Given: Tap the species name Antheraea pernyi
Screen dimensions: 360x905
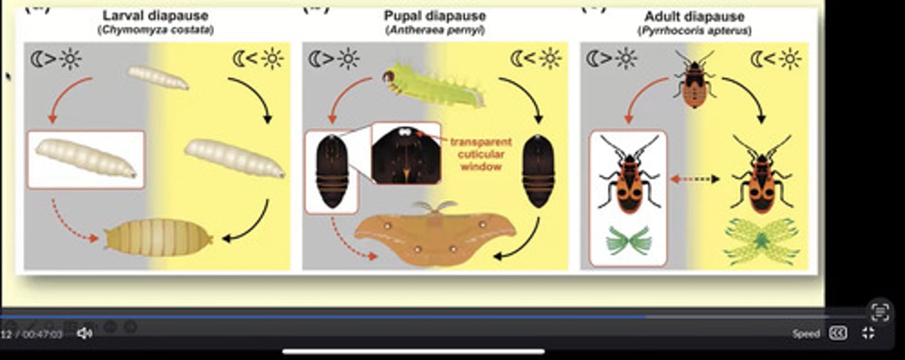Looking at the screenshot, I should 435,30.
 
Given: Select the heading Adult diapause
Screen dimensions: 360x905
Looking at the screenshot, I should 694,16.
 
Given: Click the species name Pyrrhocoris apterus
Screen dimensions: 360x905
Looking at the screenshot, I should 694,30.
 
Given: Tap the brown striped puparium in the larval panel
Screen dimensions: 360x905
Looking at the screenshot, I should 158,237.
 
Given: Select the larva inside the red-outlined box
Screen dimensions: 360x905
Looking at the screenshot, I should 85,158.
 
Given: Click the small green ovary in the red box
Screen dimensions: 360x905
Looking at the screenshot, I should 628,241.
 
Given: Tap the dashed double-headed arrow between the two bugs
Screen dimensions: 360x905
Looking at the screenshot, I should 694,180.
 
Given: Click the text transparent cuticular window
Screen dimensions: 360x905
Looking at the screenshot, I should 480,154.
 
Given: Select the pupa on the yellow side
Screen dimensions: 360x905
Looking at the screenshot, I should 539,171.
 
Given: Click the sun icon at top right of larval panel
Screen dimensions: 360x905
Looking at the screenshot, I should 273,58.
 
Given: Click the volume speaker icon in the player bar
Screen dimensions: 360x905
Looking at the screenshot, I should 84,334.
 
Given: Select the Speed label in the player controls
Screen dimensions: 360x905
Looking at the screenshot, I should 806,334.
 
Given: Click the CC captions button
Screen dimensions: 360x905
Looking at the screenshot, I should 838,333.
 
